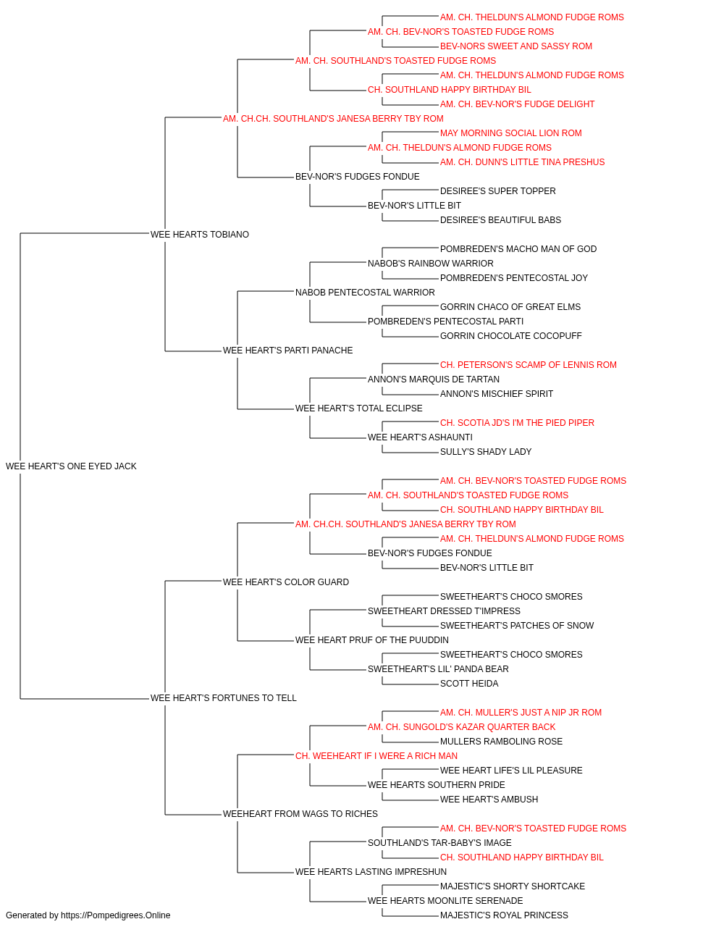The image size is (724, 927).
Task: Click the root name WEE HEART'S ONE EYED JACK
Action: tap(71, 466)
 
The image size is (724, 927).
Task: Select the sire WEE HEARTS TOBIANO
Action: tap(200, 235)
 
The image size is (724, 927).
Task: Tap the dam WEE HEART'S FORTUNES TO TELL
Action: tap(224, 698)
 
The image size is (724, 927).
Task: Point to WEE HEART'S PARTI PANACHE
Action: tap(288, 351)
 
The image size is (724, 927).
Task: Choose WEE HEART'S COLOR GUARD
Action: tap(286, 582)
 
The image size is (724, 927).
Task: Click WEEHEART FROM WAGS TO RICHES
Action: tap(300, 813)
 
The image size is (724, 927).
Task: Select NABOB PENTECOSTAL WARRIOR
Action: tap(365, 292)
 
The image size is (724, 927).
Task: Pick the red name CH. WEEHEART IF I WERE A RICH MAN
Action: tap(376, 756)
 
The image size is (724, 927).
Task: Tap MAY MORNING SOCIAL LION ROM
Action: tap(511, 133)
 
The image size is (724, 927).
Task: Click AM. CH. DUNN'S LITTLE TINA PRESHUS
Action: tap(522, 162)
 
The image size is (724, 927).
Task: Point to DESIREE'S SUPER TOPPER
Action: tap(497, 191)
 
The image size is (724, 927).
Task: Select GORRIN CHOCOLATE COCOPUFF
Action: tap(511, 336)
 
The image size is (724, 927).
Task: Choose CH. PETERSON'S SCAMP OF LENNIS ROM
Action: tap(529, 365)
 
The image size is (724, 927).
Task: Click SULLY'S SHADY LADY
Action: tap(486, 452)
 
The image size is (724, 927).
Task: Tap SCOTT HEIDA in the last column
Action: tap(469, 684)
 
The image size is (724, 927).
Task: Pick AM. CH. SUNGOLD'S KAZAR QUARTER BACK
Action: tap(461, 727)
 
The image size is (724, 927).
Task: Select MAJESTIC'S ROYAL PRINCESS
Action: tap(504, 915)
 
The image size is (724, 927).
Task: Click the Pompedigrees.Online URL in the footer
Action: tap(115, 915)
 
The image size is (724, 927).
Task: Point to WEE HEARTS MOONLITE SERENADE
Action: tap(445, 900)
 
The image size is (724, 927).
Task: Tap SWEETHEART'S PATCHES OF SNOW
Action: tap(517, 626)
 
